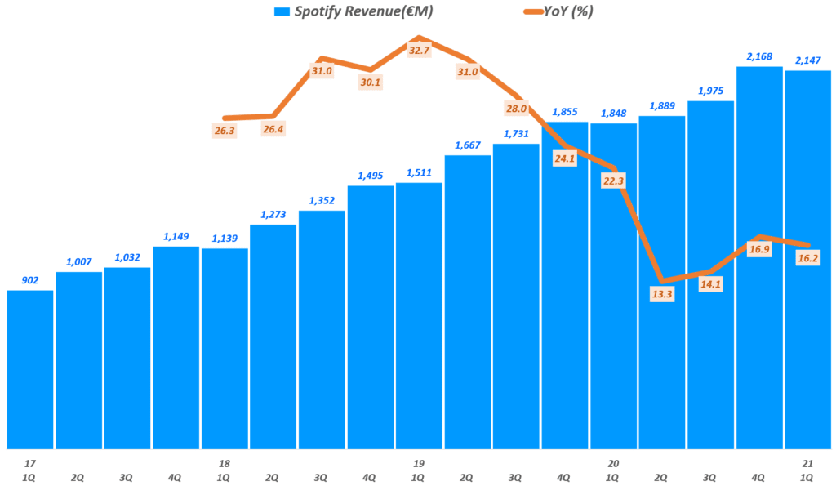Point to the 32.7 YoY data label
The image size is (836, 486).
point(418,50)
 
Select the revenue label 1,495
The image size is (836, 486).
point(370,176)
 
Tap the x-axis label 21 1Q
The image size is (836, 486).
point(807,469)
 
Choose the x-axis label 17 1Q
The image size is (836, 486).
point(30,469)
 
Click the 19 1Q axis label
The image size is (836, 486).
point(418,469)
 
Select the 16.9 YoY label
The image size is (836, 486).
point(759,249)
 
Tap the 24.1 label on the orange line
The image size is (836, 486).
point(564,158)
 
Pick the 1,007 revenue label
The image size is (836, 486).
point(78,261)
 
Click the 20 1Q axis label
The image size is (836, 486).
point(613,469)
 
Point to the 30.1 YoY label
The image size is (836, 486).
point(370,82)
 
